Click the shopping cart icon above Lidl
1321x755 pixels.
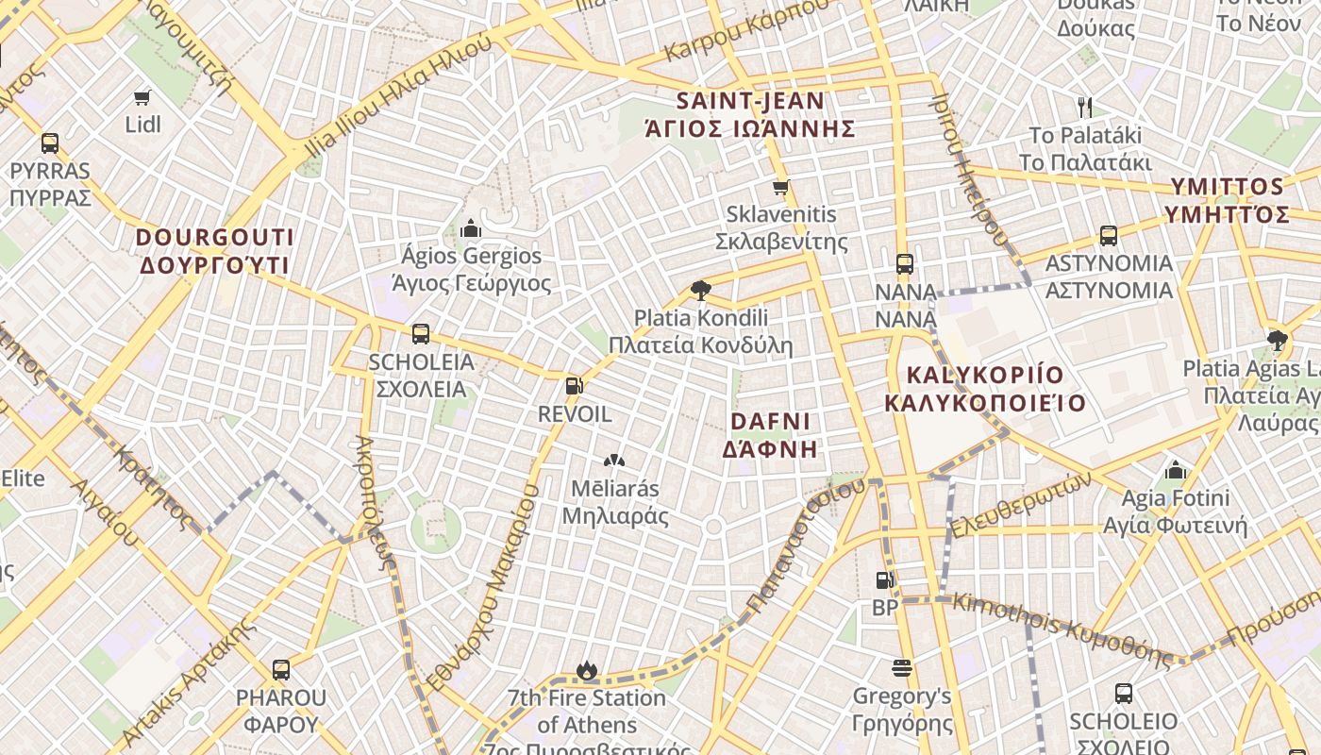142,97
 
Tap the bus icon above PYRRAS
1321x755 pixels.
50,143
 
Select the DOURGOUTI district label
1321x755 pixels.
216,250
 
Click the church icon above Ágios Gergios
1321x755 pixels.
470,228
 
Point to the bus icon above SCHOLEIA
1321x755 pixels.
421,334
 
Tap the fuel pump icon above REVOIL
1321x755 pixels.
574,385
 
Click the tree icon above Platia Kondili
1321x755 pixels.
700,290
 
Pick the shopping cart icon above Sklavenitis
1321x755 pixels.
780,188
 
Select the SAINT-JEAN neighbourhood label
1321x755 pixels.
750,114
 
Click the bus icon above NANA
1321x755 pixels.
905,263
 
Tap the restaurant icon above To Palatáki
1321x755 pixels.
1085,107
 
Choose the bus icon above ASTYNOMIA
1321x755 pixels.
1109,236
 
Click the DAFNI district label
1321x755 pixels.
770,434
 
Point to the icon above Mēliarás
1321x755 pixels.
614,461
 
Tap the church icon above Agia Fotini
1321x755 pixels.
1175,469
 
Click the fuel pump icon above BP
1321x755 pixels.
884,580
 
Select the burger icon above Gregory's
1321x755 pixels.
901,668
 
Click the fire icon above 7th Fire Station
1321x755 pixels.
587,670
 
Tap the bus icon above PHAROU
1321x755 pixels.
281,670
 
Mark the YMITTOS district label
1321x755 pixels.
1227,199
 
